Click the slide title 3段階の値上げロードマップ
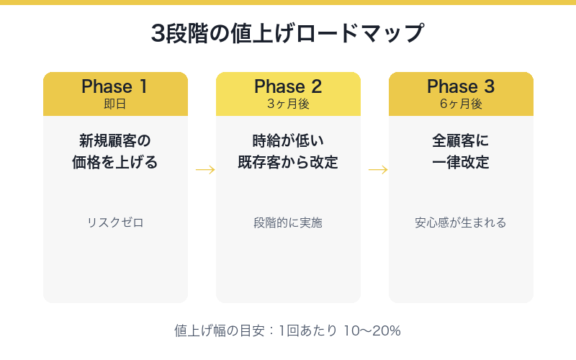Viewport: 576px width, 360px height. (x=288, y=34)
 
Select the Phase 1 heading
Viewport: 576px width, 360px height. (x=115, y=86)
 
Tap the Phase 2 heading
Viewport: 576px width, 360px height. (x=288, y=86)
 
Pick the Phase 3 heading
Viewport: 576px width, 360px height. (x=461, y=86)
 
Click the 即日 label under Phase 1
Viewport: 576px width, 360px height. (x=115, y=104)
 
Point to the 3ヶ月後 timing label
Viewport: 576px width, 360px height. (x=288, y=104)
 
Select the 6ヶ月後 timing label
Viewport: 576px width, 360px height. (x=461, y=104)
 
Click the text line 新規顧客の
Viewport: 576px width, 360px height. (x=115, y=140)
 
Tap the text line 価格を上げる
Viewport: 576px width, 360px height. (x=115, y=163)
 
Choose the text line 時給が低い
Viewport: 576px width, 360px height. (x=288, y=140)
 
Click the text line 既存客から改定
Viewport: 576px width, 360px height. (x=288, y=163)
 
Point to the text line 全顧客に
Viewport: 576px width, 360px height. (x=461, y=140)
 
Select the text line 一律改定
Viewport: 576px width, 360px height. (x=461, y=163)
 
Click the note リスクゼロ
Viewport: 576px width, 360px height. (x=115, y=222)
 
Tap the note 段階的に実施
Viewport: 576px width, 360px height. (x=288, y=222)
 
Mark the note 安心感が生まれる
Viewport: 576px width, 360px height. (x=461, y=222)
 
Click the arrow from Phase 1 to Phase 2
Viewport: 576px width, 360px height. (x=205, y=170)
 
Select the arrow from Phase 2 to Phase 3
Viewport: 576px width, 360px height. (x=378, y=170)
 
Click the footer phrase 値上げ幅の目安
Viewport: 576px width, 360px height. (x=215, y=331)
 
